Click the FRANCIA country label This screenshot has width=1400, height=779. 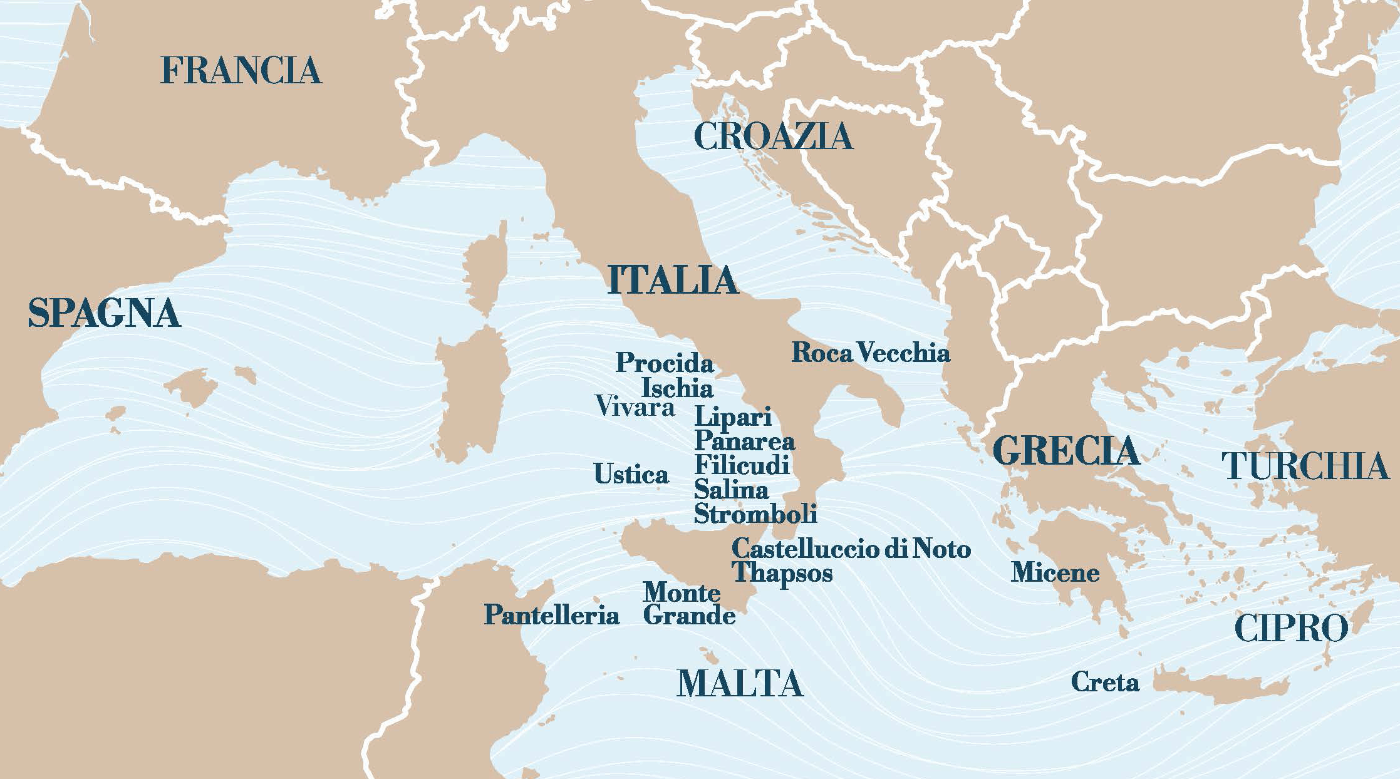(x=241, y=70)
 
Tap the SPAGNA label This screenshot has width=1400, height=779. (x=105, y=313)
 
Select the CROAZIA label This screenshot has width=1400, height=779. (x=774, y=136)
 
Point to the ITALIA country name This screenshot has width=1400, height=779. (x=673, y=280)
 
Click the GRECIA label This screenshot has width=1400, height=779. (x=1066, y=451)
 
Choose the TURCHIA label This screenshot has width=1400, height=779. (x=1305, y=466)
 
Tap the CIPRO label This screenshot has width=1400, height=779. (x=1291, y=628)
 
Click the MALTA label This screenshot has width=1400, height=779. (x=740, y=683)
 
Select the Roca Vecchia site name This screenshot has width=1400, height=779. (x=871, y=353)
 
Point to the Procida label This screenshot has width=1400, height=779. (x=665, y=363)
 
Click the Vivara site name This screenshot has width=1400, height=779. (x=635, y=406)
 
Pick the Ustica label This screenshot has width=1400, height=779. (x=631, y=474)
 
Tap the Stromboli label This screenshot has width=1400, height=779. (x=755, y=513)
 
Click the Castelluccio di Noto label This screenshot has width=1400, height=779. (x=851, y=549)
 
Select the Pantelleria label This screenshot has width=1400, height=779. (x=551, y=615)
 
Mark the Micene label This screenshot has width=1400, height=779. (x=1055, y=572)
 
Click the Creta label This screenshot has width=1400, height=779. (x=1105, y=682)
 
